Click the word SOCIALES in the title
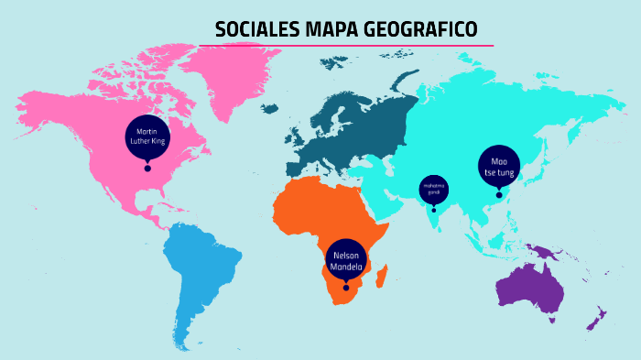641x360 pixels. pyautogui.click(x=252, y=29)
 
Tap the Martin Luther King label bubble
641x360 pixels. pyautogui.click(x=147, y=136)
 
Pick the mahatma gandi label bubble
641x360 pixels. pyautogui.click(x=434, y=190)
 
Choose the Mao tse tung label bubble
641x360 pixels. pyautogui.click(x=499, y=167)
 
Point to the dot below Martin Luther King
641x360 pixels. pyautogui.click(x=147, y=169)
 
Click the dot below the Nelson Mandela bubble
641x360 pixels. pyautogui.click(x=346, y=289)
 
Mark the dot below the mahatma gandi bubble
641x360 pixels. pyautogui.click(x=434, y=210)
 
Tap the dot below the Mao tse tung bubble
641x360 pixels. pyautogui.click(x=499, y=194)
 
